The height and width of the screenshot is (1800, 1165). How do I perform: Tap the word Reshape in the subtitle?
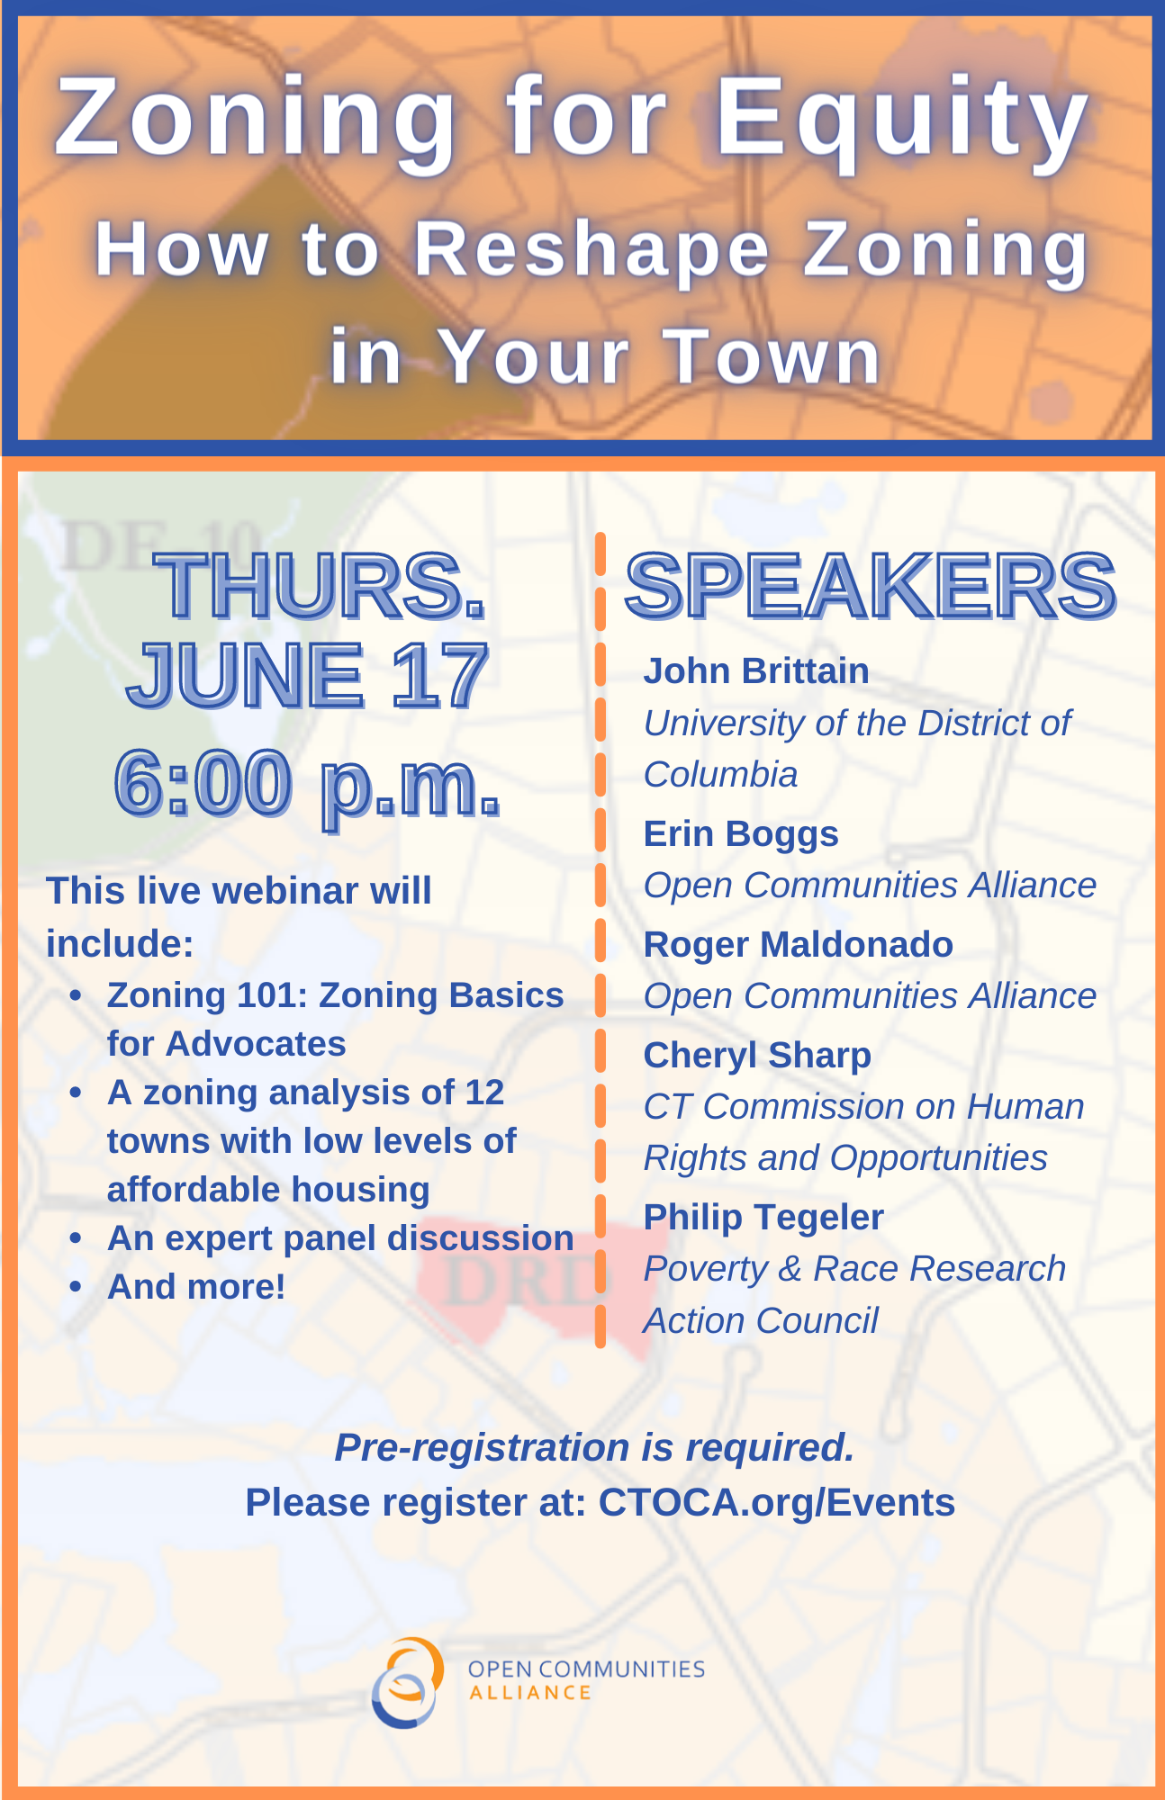(592, 250)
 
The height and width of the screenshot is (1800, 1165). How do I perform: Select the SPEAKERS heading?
(870, 586)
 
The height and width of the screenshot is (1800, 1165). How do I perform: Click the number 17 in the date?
(439, 676)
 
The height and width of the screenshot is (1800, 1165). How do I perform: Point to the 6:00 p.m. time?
(307, 783)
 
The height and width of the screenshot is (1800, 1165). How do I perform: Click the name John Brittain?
(756, 671)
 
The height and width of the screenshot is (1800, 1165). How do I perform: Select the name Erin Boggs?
(741, 834)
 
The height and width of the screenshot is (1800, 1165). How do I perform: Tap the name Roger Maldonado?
(798, 945)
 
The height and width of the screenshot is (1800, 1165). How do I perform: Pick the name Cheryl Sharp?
(757, 1056)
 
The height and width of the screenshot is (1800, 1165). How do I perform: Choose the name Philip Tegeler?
(763, 1218)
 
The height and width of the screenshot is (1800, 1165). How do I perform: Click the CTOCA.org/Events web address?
(776, 1503)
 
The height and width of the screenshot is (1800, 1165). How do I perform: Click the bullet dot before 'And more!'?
(77, 1287)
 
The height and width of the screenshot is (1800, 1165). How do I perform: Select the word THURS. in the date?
(321, 586)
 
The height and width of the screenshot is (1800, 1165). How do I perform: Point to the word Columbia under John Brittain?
(720, 775)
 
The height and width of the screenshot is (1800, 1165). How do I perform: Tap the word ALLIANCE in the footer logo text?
(530, 1693)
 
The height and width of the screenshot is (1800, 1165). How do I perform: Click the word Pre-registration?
(482, 1448)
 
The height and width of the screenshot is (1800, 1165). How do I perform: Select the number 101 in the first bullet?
(271, 995)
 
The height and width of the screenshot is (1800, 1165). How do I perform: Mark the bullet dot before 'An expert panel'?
(77, 1238)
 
